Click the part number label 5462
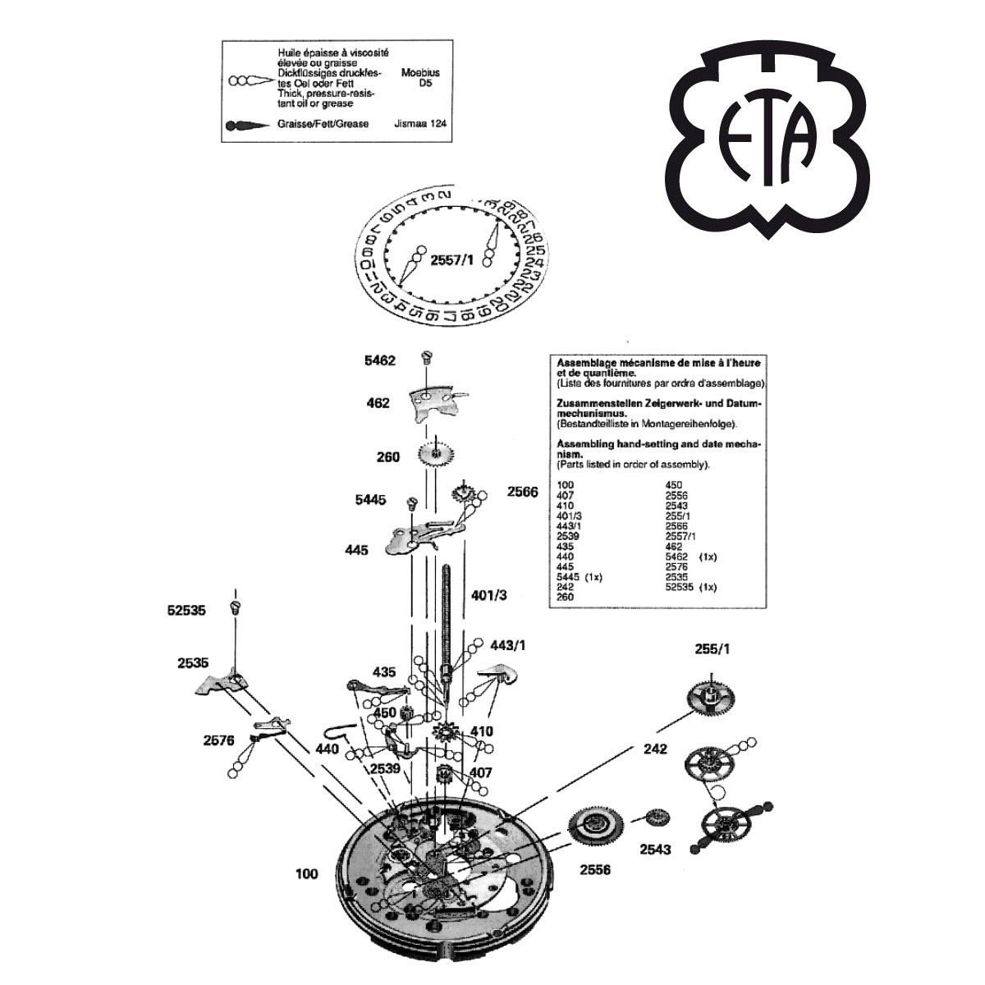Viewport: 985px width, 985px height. click(x=381, y=360)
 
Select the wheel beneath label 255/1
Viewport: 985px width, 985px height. click(x=709, y=700)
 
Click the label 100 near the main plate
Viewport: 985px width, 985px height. click(x=307, y=874)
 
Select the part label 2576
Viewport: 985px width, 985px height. click(x=219, y=740)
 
